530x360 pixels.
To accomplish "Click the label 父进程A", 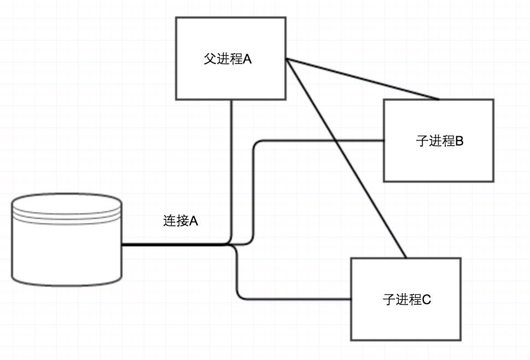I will point(228,59).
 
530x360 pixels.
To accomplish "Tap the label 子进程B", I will point(439,141).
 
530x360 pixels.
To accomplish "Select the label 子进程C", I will point(406,300).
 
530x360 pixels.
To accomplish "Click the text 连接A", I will point(180,221).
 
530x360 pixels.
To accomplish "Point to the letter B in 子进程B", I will point(459,141).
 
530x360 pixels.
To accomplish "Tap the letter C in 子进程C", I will point(427,300).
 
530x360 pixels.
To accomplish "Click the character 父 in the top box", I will point(209,59).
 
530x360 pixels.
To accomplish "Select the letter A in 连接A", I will point(193,221).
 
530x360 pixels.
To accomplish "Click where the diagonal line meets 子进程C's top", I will point(405,257).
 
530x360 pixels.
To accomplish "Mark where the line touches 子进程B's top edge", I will point(439,100).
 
